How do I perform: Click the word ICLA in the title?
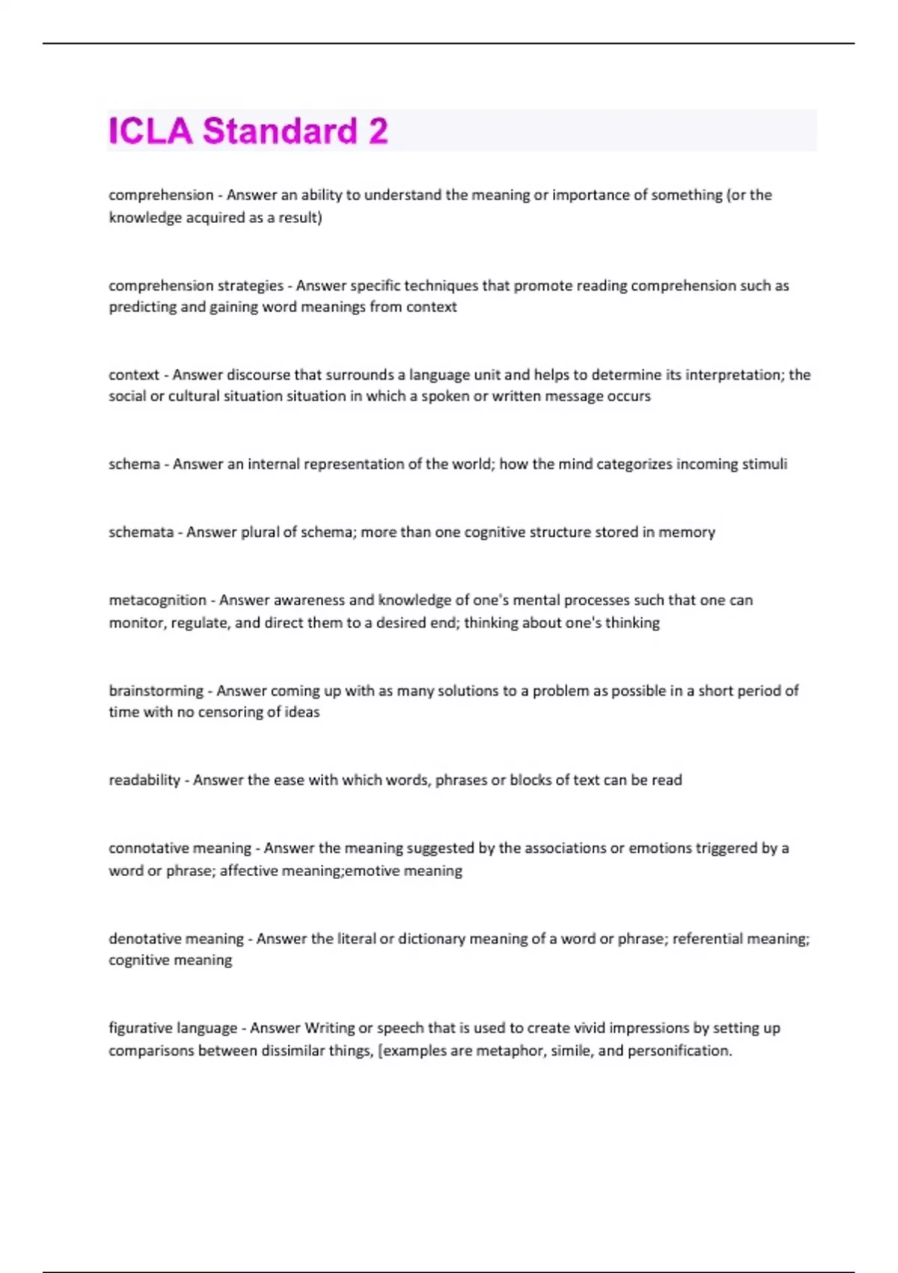pos(150,131)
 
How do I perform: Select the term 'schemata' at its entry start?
pos(141,532)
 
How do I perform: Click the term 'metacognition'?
pos(157,601)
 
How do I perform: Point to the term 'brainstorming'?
pos(156,691)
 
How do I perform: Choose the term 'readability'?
pos(144,780)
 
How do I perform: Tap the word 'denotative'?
pos(139,939)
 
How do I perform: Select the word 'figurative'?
pos(135,1028)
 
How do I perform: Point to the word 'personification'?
pos(679,1051)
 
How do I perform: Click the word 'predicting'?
pos(140,307)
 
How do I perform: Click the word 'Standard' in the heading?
pos(280,131)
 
